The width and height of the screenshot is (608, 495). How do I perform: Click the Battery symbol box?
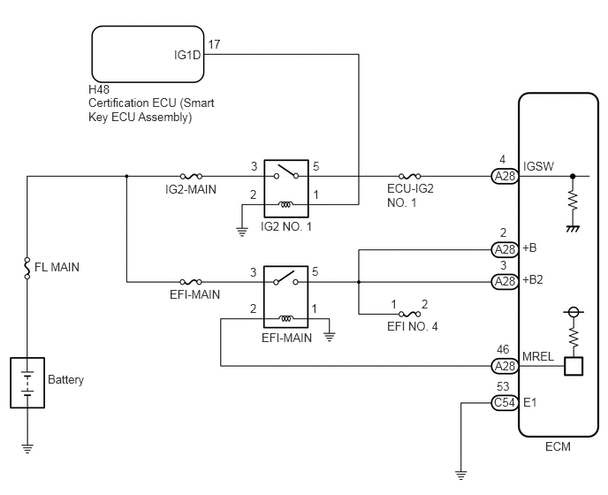point(27,383)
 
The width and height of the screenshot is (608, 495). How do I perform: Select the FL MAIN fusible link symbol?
point(27,267)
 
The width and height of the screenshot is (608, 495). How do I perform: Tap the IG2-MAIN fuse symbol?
point(191,176)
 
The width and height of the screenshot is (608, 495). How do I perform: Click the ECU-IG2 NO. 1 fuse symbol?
point(410,176)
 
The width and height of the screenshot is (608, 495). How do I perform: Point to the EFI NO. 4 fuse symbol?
point(410,314)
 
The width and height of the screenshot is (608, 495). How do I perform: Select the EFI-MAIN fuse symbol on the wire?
point(191,281)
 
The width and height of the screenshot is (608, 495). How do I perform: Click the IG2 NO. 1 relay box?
point(286,188)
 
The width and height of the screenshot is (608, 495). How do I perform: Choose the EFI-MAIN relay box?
point(286,297)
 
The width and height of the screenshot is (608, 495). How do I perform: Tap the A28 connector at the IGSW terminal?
point(505,177)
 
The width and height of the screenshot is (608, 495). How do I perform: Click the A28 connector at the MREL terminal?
point(505,366)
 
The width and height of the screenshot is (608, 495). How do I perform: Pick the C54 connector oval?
point(505,403)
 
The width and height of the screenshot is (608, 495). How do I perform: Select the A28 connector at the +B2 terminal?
point(505,281)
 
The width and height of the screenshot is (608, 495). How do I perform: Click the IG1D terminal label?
point(187,55)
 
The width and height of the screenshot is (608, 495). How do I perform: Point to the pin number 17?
point(214,44)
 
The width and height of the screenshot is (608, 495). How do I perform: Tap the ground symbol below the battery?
point(27,448)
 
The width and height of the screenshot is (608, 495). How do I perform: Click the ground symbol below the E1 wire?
point(461,475)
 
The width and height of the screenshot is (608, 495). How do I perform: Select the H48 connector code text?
point(99,89)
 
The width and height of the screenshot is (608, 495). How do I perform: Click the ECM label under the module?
point(558,446)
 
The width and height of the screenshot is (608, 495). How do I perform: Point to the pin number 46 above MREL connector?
point(503,349)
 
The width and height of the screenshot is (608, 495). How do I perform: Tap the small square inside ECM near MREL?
point(574,366)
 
